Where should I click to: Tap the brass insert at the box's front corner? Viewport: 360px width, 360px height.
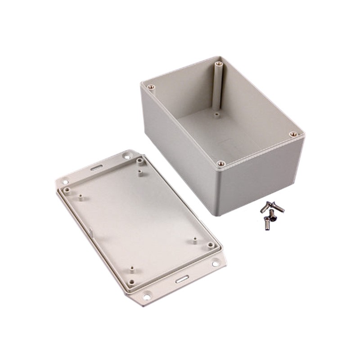221,164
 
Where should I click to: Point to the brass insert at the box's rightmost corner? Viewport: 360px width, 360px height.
293,134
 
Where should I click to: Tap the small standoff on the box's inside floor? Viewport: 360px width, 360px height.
216,115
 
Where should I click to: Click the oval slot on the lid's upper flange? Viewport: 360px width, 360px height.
96,167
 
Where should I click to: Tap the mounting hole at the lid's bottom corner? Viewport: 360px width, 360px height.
147,296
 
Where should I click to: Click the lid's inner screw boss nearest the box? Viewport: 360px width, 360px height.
139,161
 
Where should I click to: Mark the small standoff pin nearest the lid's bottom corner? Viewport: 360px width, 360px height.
132,269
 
